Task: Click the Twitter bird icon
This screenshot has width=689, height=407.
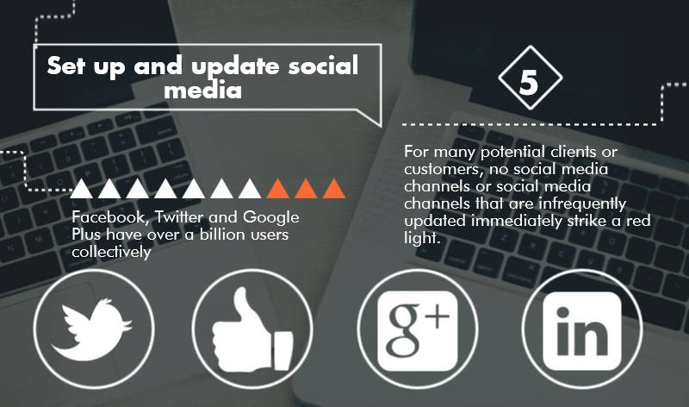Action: pos(93,329)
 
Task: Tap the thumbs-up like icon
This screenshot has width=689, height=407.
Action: pos(252,329)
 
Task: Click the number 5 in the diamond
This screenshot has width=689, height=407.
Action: pos(529,82)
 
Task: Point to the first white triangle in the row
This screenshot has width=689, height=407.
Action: pos(81,189)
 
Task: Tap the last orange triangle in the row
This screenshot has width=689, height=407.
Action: pos(334,189)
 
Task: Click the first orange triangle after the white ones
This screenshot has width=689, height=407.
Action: pos(278,189)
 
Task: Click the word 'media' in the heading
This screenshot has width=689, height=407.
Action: pos(202,91)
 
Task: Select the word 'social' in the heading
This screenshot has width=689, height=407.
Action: pos(324,66)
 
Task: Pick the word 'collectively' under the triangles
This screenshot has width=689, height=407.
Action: pos(111,252)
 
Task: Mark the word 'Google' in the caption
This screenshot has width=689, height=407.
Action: pos(270,217)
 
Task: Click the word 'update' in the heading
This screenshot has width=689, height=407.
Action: pos(235,67)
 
